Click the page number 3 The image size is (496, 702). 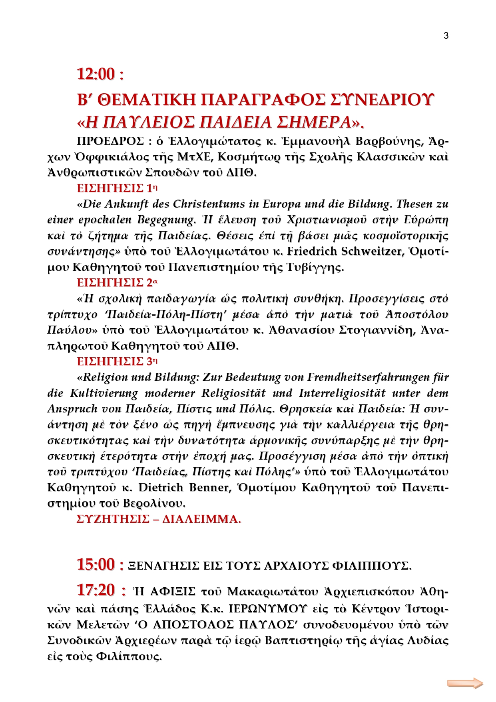(x=446, y=36)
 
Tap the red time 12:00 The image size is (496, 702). (x=96, y=74)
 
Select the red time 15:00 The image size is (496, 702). (x=96, y=565)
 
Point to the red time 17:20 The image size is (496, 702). (x=96, y=590)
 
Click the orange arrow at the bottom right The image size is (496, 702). (x=465, y=683)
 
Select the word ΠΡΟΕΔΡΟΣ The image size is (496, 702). (x=110, y=142)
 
